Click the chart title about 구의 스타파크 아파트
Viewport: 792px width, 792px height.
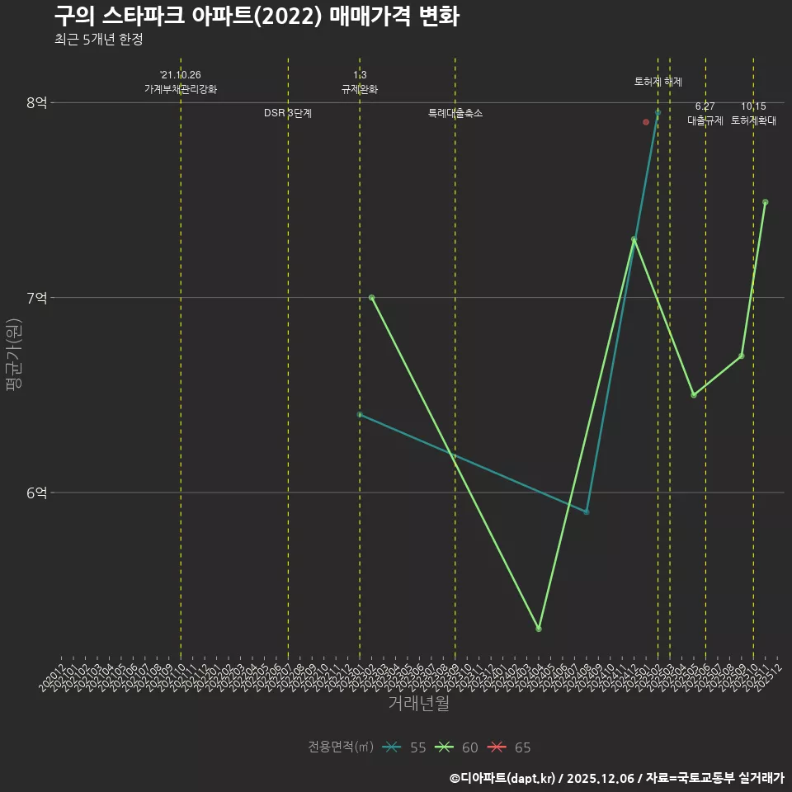[x=257, y=16]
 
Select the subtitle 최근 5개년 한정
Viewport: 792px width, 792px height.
[x=98, y=40]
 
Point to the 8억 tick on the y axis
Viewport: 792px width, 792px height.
[x=36, y=102]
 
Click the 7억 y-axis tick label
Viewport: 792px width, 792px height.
[x=36, y=297]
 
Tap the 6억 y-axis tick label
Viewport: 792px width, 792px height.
[x=36, y=493]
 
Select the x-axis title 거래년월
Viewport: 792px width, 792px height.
[x=418, y=704]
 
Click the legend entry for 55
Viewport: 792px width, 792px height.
[x=404, y=747]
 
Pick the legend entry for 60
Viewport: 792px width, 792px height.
[x=457, y=747]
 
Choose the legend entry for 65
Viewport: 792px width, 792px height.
[x=510, y=747]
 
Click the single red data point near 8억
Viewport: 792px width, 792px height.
[x=646, y=122]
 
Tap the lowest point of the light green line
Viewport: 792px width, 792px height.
[x=539, y=629]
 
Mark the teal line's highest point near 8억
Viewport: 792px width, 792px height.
[x=658, y=112]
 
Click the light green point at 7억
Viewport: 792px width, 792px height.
[x=371, y=297]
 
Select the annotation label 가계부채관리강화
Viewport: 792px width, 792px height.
[x=181, y=89]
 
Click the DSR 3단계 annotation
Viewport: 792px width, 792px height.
[x=288, y=113]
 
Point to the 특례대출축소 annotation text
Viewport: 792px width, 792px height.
[x=455, y=113]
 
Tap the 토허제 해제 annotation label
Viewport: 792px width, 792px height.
[x=658, y=82]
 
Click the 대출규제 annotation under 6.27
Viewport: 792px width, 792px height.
[x=705, y=120]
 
